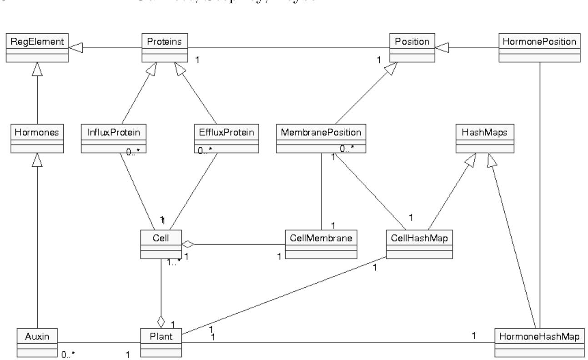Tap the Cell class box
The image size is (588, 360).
pyautogui.click(x=161, y=244)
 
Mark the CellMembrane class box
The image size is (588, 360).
pyautogui.click(x=321, y=244)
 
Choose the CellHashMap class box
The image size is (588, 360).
pyautogui.click(x=418, y=244)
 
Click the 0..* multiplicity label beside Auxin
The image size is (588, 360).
pyautogui.click(x=68, y=355)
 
